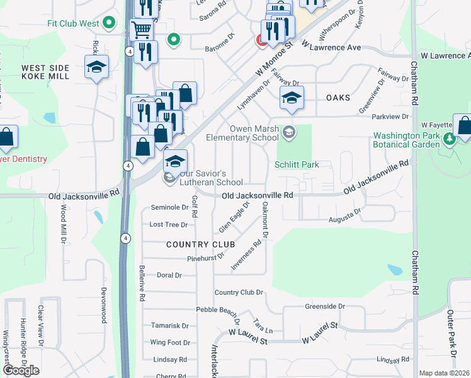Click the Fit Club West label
(73, 23)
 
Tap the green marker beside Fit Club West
(110, 23)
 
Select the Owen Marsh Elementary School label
(245, 134)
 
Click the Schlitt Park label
(297, 165)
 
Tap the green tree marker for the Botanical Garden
(448, 139)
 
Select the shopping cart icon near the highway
(142, 29)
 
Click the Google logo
(21, 370)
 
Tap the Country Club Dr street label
(238, 292)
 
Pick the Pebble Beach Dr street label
(217, 311)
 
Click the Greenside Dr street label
(325, 306)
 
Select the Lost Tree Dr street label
(168, 224)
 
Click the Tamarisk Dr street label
(169, 326)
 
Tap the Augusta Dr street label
(345, 216)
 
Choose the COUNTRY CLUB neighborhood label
(200, 244)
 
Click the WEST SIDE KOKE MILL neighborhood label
(45, 72)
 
